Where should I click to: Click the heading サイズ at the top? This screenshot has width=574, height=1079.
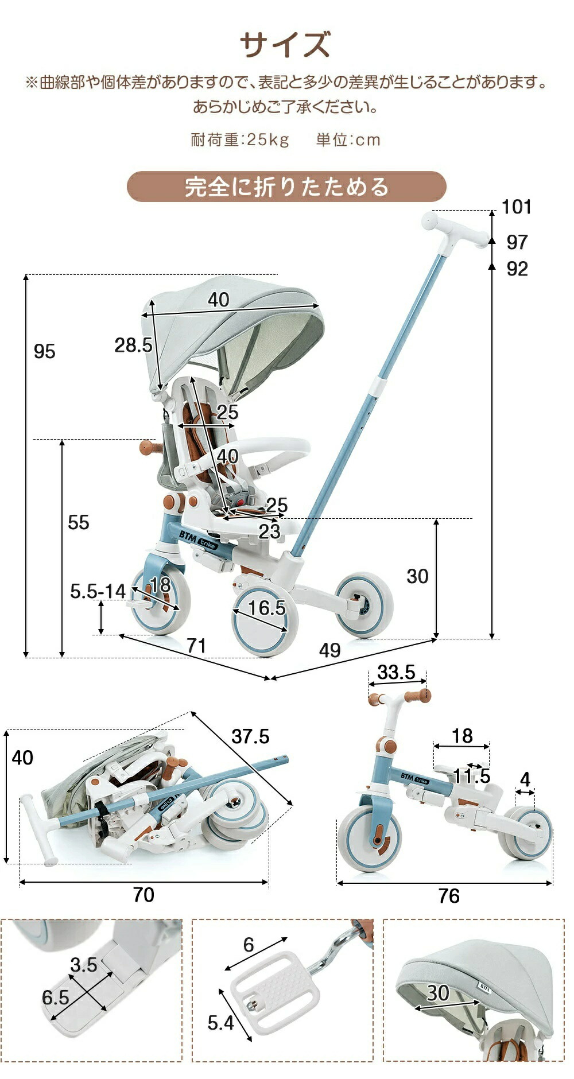pos(285,45)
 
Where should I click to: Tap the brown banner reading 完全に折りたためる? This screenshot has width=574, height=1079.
pos(286,187)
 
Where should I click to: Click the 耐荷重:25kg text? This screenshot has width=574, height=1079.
pos(240,140)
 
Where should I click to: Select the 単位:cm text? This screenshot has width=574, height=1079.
pos(348,140)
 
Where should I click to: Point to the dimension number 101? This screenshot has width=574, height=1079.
pos(516,207)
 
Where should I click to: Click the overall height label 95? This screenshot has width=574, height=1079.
pos(44,351)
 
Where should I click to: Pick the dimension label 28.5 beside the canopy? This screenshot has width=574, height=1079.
pos(133,345)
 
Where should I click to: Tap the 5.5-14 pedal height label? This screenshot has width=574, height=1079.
pos(98,591)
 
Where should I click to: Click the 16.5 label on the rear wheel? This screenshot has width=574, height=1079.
pos(266,608)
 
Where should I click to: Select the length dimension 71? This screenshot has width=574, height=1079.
pos(196,646)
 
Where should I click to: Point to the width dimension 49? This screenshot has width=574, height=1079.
pos(329,650)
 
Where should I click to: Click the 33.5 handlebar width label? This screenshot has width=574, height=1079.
pos(396,672)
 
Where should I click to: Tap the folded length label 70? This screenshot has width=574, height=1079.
pos(143,895)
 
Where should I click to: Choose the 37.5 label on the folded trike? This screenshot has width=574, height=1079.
pos(250,736)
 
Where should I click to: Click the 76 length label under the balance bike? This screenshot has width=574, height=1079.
pos(449,896)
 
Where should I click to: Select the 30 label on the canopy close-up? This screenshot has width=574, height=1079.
pos(438,993)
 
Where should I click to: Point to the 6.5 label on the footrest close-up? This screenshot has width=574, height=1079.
pos(55,998)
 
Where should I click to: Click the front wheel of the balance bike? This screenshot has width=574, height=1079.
pos(370,837)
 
